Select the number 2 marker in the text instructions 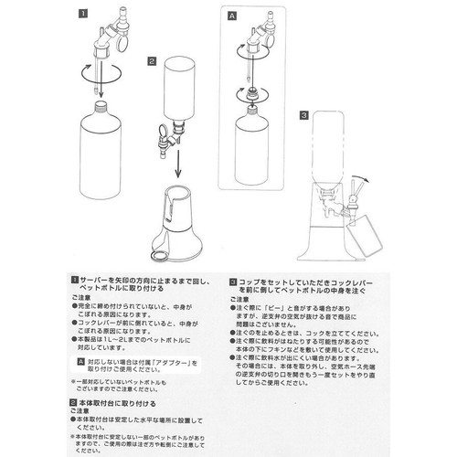coord(74,400)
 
